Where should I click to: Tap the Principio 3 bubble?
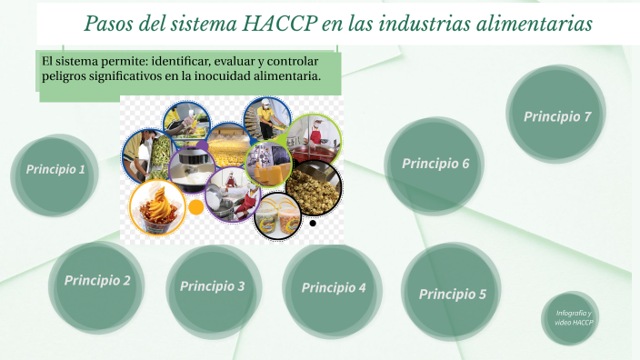213,286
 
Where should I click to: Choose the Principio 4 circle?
333,288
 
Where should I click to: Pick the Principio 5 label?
452,294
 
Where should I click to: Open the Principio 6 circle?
435,164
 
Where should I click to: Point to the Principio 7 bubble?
556,116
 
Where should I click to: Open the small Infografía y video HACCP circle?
574,317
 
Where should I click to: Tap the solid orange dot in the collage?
195,207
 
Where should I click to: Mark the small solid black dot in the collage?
313,223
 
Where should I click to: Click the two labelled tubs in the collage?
277,216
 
